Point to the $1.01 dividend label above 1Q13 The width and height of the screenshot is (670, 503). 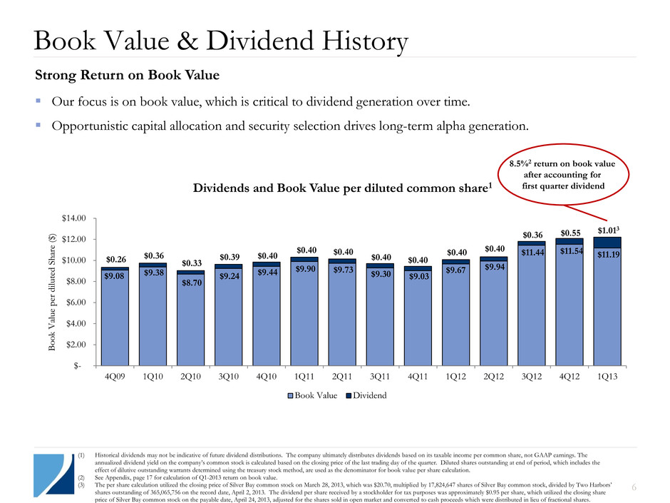[607, 230]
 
